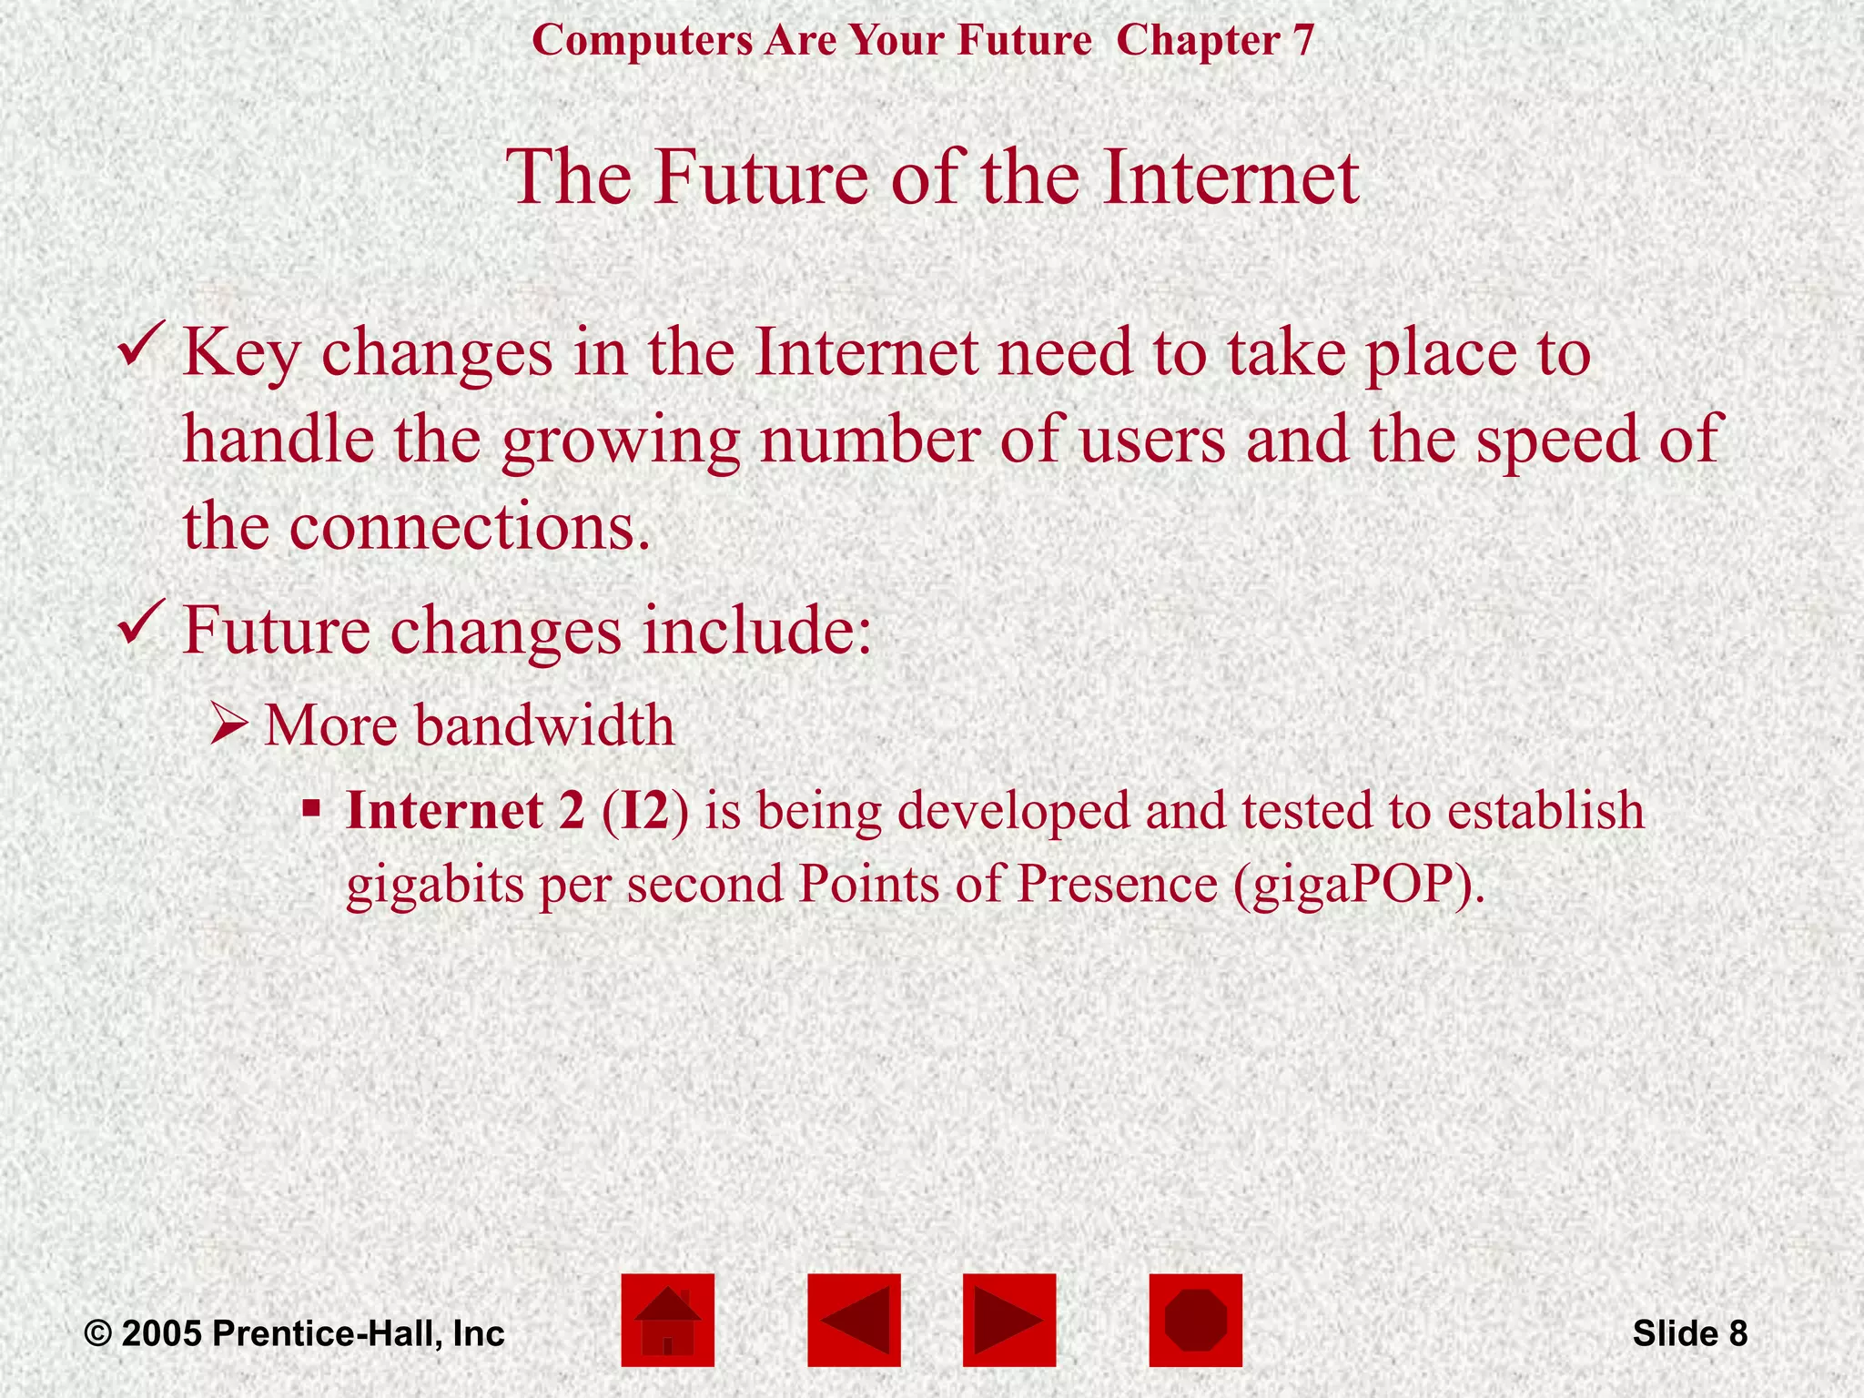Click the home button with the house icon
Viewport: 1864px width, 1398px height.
tap(667, 1320)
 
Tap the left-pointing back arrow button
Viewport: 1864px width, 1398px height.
tap(854, 1320)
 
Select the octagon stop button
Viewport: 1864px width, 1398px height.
tap(1195, 1320)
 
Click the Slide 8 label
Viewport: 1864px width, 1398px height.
tap(1689, 1333)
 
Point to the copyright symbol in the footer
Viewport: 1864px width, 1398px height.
tap(98, 1334)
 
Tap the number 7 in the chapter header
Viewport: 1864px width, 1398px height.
tap(1302, 41)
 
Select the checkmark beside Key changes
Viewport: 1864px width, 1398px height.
tap(141, 345)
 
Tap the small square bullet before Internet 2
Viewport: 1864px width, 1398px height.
tap(311, 807)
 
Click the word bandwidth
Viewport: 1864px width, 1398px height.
tap(545, 725)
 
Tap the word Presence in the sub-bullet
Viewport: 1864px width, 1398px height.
tap(1117, 883)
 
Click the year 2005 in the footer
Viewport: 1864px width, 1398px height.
tap(162, 1333)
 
